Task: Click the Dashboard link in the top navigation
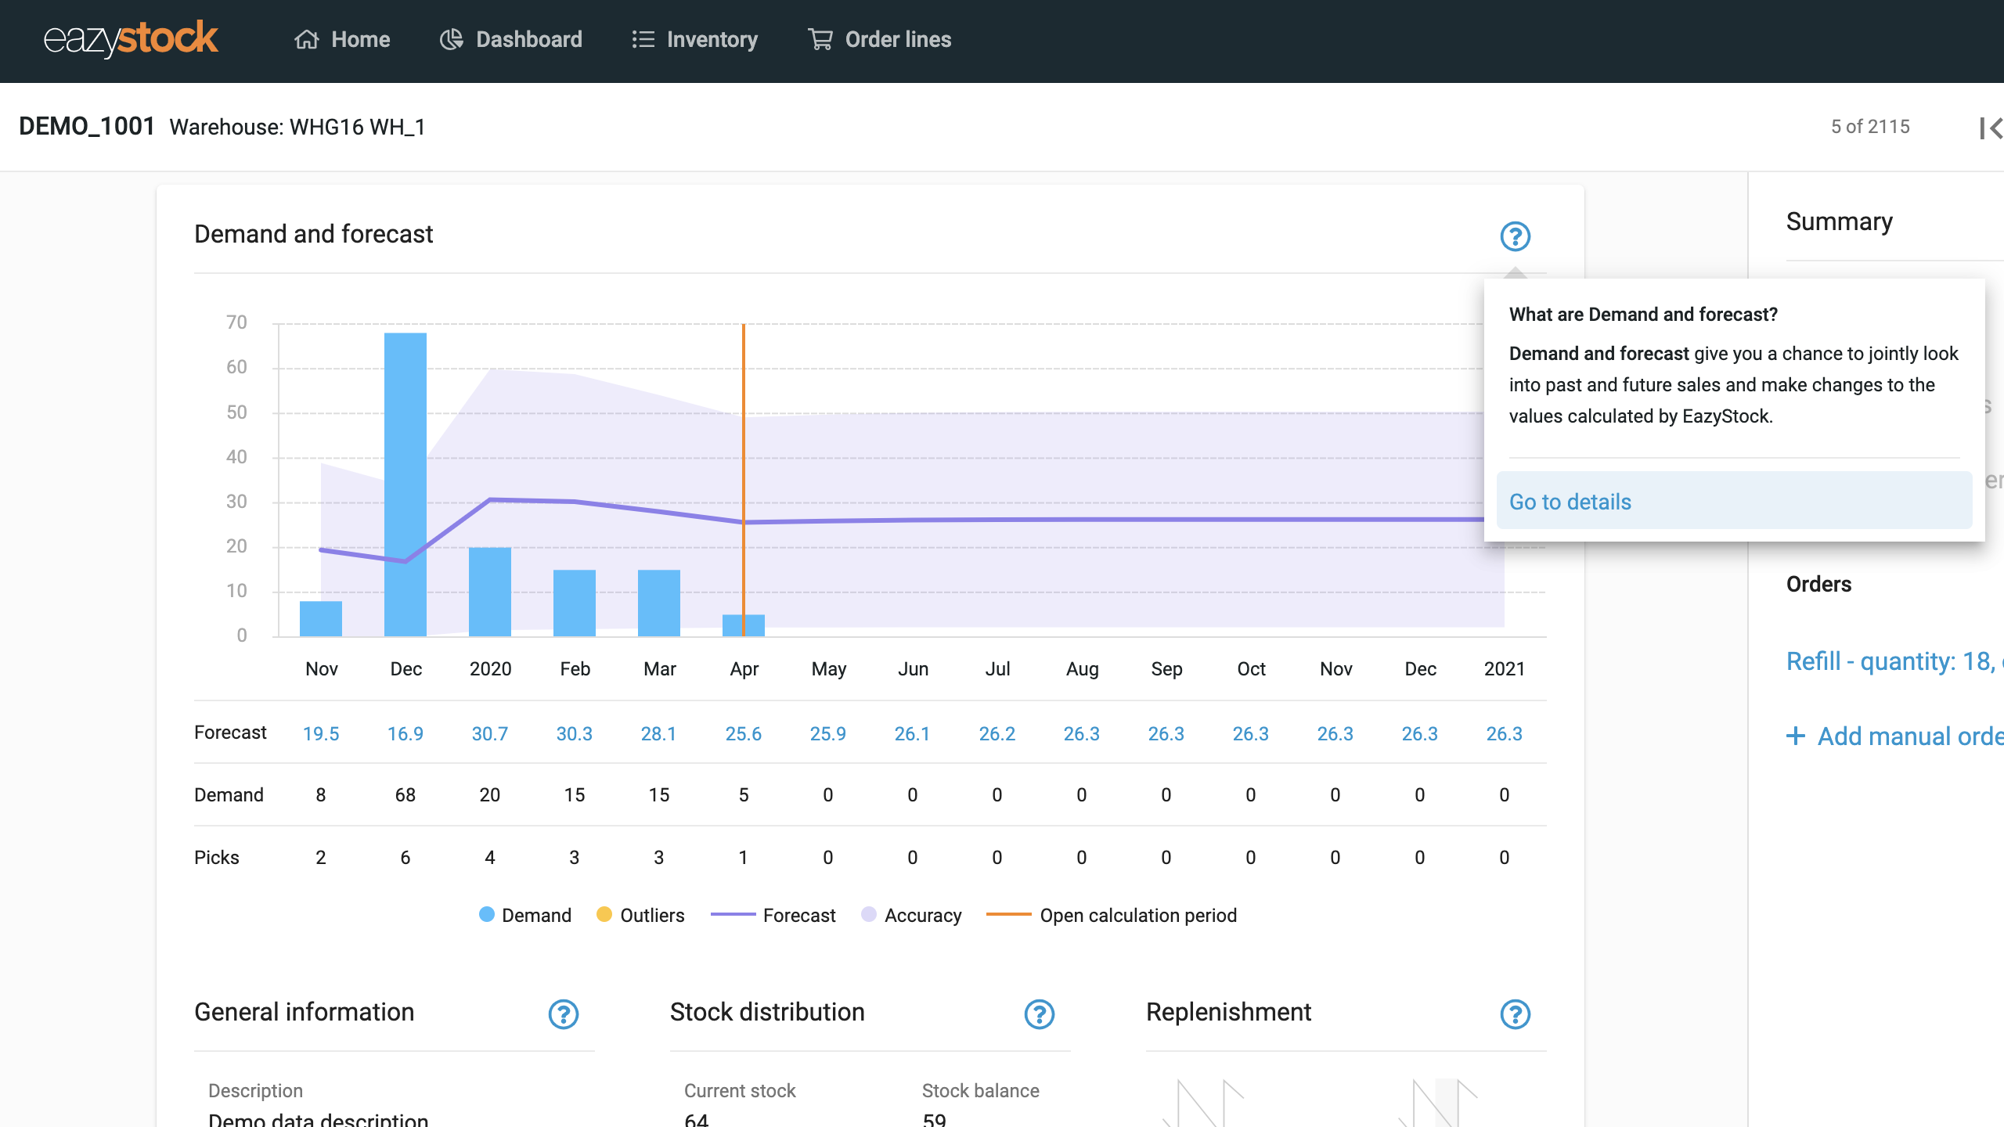click(511, 39)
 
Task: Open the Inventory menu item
click(695, 39)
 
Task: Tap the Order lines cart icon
click(820, 39)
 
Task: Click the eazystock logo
click(131, 39)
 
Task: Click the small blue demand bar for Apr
click(743, 625)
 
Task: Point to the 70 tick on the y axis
click(236, 322)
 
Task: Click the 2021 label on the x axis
click(1504, 669)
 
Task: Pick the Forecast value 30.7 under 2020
click(489, 733)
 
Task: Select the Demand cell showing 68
click(405, 795)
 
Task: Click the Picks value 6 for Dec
click(405, 858)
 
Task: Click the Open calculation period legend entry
click(1112, 915)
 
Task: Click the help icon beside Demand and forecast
click(1515, 236)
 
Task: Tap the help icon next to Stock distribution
click(1039, 1014)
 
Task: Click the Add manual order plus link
click(1894, 736)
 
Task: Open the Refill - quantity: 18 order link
click(1890, 661)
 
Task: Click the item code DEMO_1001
click(87, 127)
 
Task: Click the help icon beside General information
click(563, 1014)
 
